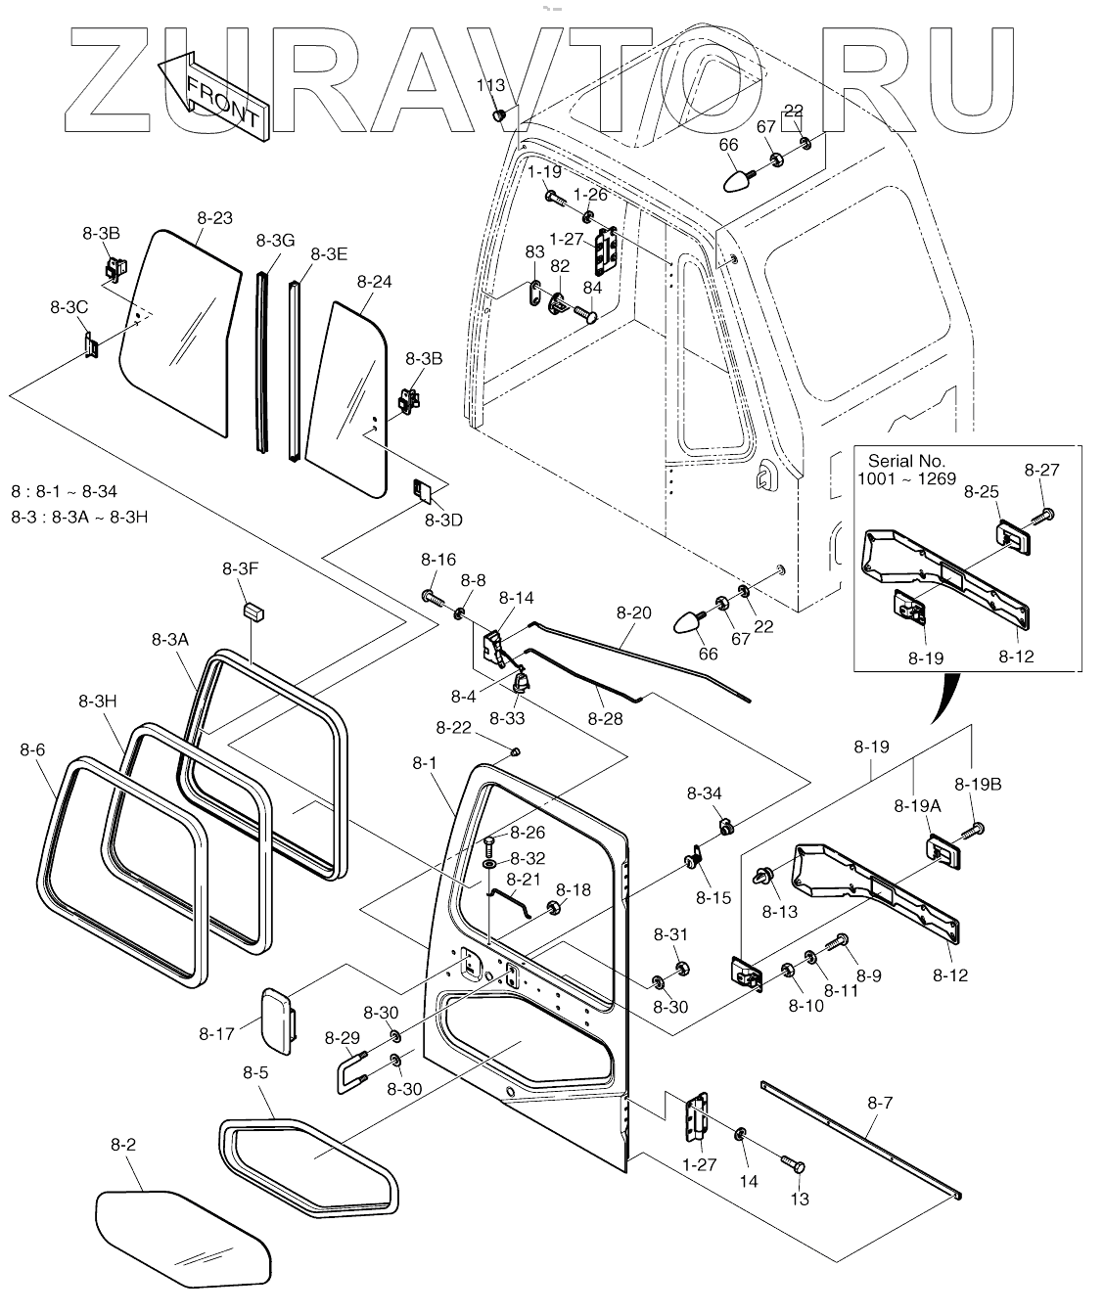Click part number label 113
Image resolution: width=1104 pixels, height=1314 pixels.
tap(491, 86)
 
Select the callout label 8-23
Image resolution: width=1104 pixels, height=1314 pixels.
tap(215, 217)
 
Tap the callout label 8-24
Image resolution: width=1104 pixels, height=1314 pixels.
tap(374, 281)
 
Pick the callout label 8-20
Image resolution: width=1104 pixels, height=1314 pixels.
tap(633, 613)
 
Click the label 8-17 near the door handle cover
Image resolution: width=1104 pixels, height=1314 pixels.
tap(216, 1032)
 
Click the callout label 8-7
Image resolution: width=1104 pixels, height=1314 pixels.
tap(880, 1103)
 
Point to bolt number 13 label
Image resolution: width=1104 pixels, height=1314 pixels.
tap(800, 1199)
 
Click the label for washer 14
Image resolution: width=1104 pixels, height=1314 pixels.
tap(748, 1181)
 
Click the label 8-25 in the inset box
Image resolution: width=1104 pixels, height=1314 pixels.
tap(982, 490)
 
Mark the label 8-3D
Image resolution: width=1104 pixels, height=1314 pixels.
tap(443, 520)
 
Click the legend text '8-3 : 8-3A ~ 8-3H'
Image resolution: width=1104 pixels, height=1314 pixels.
tap(79, 517)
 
